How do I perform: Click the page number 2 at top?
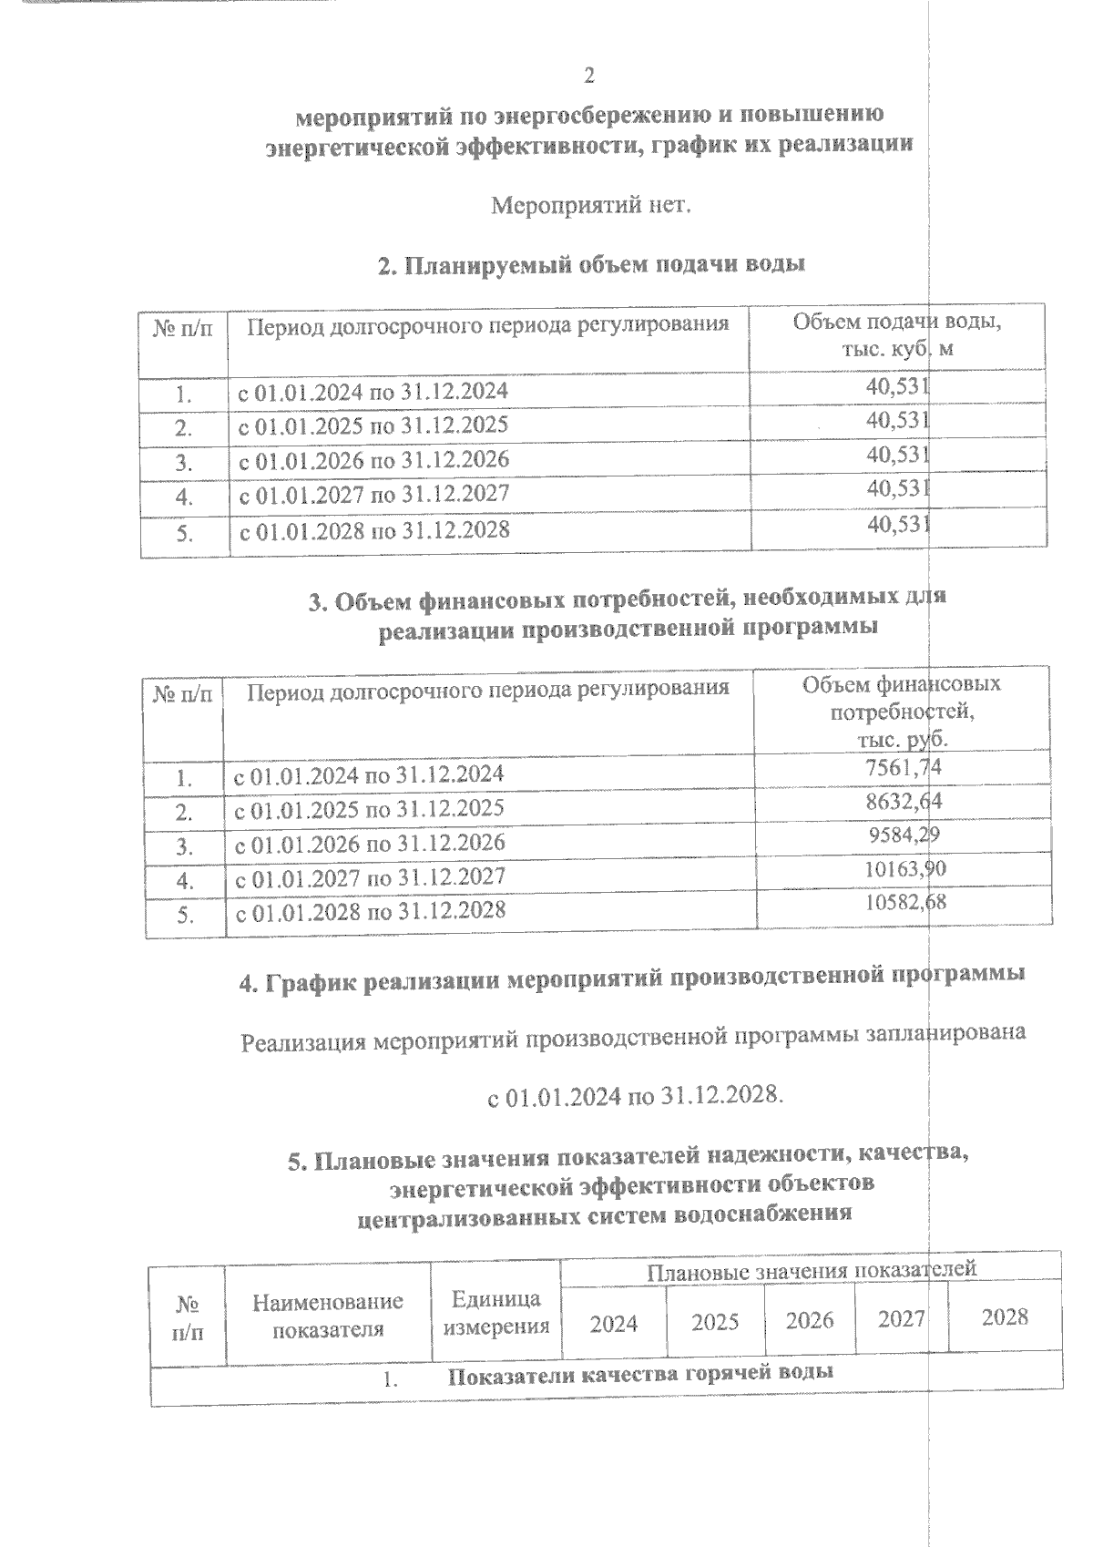pyautogui.click(x=589, y=75)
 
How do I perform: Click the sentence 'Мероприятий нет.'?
pyautogui.click(x=591, y=206)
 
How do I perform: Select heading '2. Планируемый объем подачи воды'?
pyautogui.click(x=591, y=265)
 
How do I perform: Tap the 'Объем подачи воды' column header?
pyautogui.click(x=897, y=334)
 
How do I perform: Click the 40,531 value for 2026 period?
pyautogui.click(x=897, y=455)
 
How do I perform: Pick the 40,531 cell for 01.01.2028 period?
pyautogui.click(x=897, y=524)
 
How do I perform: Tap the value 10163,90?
pyautogui.click(x=904, y=869)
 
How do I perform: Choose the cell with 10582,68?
pyautogui.click(x=904, y=903)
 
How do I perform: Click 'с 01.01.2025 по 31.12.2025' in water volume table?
pyautogui.click(x=373, y=425)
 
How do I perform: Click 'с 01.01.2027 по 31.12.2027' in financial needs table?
pyautogui.click(x=371, y=876)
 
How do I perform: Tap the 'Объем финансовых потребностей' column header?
pyautogui.click(x=901, y=710)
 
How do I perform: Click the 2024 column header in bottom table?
pyautogui.click(x=614, y=1322)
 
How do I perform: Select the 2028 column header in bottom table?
pyautogui.click(x=1005, y=1316)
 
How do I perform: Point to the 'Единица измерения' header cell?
pyautogui.click(x=496, y=1312)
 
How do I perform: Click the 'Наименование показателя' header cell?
pyautogui.click(x=328, y=1315)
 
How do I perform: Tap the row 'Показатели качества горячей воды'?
pyautogui.click(x=639, y=1374)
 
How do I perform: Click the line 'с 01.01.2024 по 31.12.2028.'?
pyautogui.click(x=635, y=1095)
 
